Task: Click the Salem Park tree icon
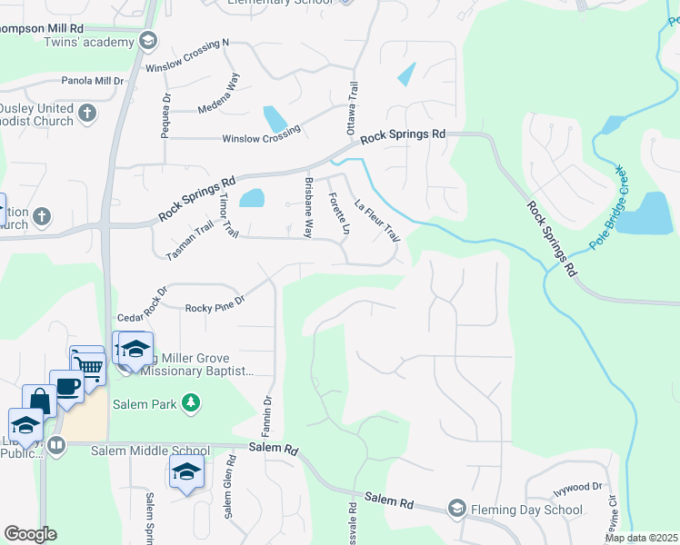(190, 401)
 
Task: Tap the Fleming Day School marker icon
(456, 509)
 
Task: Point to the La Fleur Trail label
(376, 220)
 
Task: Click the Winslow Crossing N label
(187, 55)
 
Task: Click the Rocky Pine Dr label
(215, 303)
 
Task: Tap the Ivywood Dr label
(578, 488)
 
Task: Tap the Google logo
(30, 534)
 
